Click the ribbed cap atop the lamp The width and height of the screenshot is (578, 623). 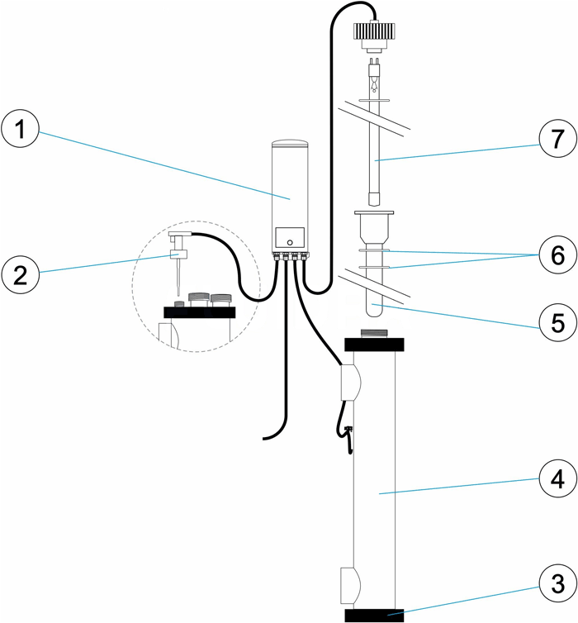click(376, 32)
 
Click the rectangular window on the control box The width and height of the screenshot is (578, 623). click(289, 234)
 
